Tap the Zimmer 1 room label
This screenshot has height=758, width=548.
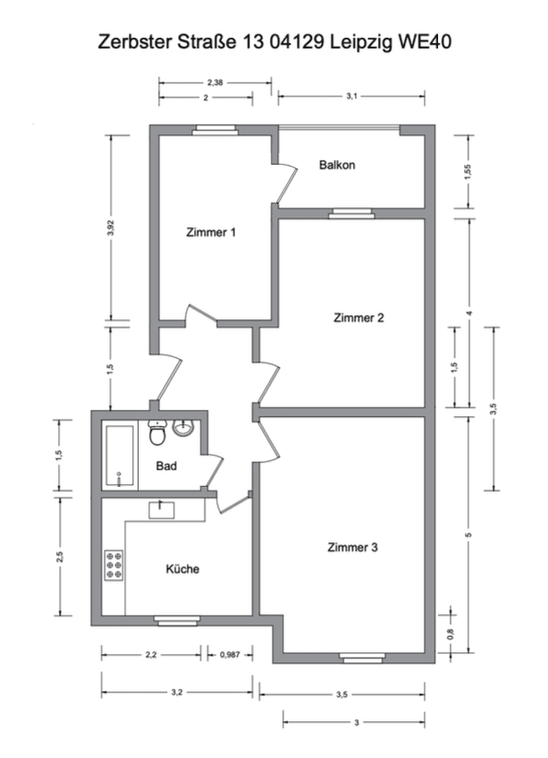point(211,233)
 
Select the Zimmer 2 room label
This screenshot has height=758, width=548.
point(358,318)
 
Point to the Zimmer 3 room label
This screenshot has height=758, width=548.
point(353,548)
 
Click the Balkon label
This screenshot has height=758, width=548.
point(338,166)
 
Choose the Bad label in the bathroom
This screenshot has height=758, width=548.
point(166,466)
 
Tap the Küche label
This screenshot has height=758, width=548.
point(182,569)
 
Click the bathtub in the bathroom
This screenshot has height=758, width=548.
point(120,456)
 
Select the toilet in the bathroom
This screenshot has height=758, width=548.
point(156,434)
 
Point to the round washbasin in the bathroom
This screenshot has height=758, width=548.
point(184,428)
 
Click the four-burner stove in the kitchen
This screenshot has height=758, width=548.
point(114,566)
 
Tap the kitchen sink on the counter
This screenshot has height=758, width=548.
point(162,509)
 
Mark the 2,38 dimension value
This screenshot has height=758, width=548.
point(215,82)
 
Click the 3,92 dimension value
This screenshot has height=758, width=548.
point(111,228)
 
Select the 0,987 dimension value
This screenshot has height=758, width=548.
point(232,655)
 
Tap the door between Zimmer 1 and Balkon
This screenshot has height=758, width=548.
point(284,183)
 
